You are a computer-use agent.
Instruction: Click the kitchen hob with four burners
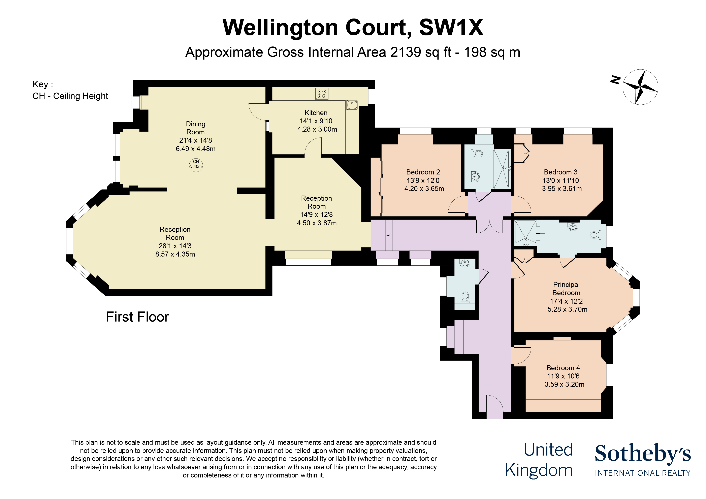pyautogui.click(x=322, y=94)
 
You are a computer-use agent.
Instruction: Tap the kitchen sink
pyautogui.click(x=352, y=105)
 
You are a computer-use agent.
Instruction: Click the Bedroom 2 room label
pyautogui.click(x=423, y=172)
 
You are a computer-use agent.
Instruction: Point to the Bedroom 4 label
pyautogui.click(x=563, y=368)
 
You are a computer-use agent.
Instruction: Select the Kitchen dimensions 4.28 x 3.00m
pyautogui.click(x=317, y=129)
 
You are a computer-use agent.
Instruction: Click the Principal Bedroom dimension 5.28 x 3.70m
pyautogui.click(x=567, y=309)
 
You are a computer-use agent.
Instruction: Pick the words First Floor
pyautogui.click(x=137, y=317)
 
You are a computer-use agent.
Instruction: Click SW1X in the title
pyautogui.click(x=451, y=28)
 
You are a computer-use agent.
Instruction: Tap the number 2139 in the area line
pyautogui.click(x=406, y=52)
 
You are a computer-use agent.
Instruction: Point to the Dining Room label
pyautogui.click(x=196, y=128)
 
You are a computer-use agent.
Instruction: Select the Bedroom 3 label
pyautogui.click(x=560, y=172)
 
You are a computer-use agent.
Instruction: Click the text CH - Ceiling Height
pyautogui.click(x=70, y=96)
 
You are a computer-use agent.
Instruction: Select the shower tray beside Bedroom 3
pyautogui.click(x=502, y=169)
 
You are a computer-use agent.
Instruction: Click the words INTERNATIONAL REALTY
pyautogui.click(x=643, y=473)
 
